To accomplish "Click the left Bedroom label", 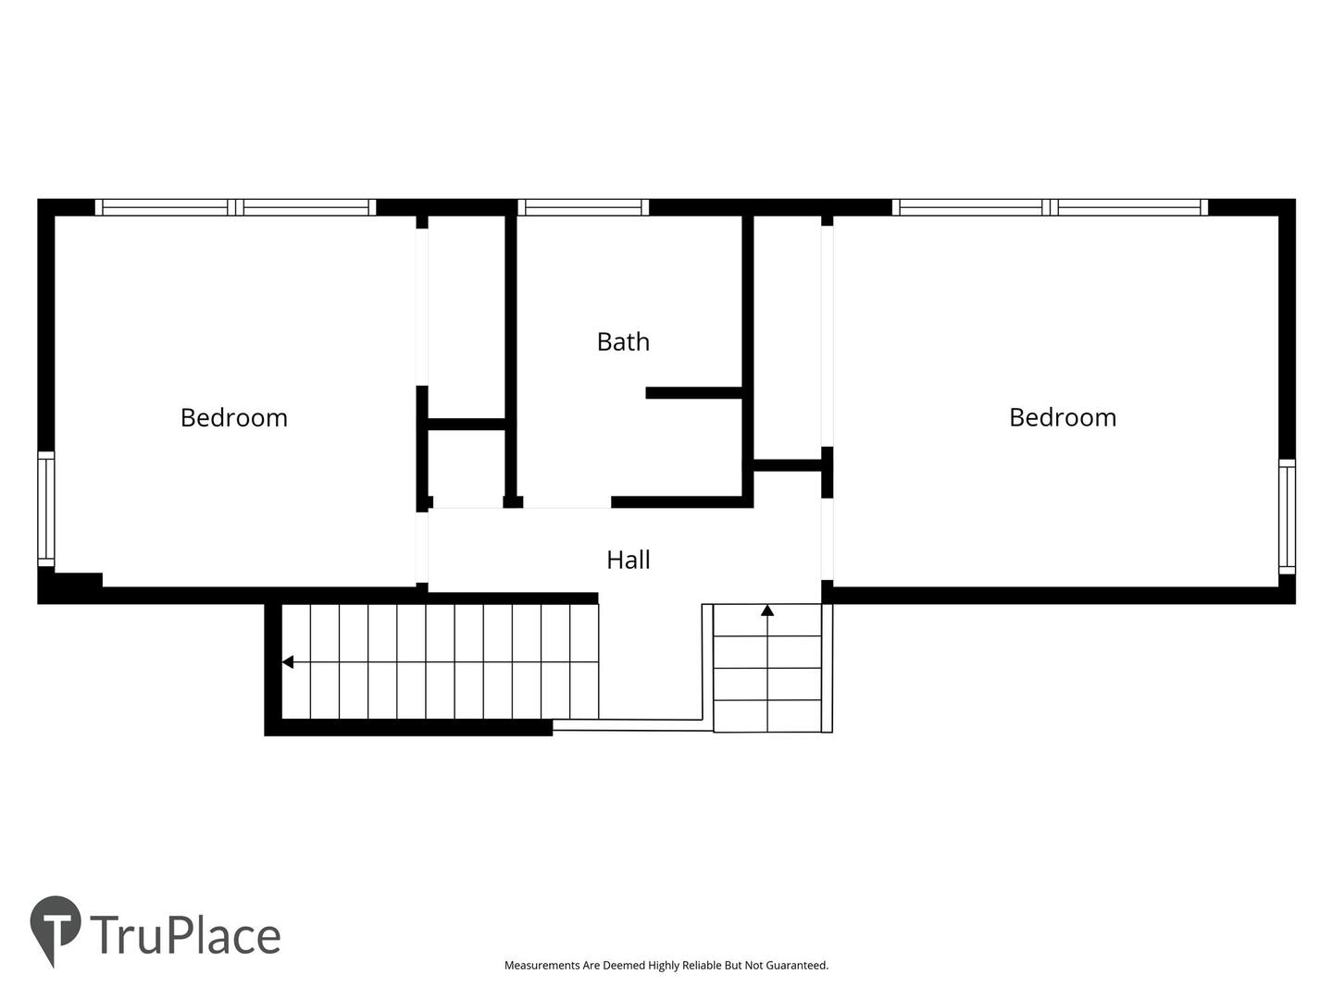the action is coord(234,418).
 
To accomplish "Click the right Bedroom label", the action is coord(1063,417).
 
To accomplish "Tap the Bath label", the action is coord(623,342).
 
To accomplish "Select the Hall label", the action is coord(629,560).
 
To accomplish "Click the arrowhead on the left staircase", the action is coord(288,661).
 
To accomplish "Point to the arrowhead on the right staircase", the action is coord(767,610).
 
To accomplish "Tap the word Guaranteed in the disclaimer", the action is coord(796,965).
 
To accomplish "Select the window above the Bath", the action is coord(583,207).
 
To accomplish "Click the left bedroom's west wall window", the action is coord(46,509).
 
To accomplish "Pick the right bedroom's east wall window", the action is coord(1287,516).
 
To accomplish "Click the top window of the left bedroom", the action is coord(236,207).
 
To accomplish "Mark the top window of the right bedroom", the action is coord(1050,207).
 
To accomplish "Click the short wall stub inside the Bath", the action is coord(694,393).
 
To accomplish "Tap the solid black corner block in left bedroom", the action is coord(70,585).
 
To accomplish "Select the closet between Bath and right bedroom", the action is coord(788,338).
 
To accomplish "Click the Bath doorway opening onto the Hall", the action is coord(567,502).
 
